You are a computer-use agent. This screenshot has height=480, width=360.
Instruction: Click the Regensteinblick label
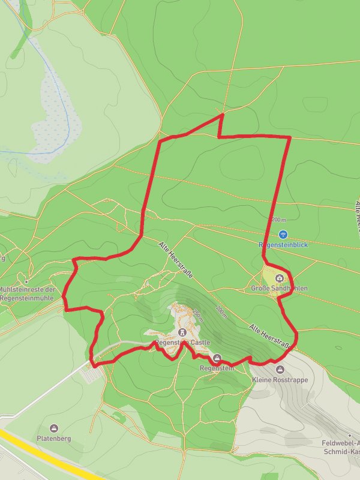[x=283, y=245]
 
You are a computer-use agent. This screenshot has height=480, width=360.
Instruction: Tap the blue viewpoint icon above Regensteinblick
[x=283, y=235]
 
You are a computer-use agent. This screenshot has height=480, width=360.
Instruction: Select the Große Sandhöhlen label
[x=279, y=289]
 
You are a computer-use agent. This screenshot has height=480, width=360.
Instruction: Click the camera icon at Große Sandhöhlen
[x=280, y=278]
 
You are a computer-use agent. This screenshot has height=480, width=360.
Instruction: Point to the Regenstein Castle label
[x=183, y=343]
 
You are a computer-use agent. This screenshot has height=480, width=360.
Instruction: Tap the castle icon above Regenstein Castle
[x=182, y=332]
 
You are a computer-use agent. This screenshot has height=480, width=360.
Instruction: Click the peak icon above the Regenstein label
[x=217, y=358]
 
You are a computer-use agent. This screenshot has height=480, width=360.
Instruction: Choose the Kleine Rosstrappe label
[x=280, y=380]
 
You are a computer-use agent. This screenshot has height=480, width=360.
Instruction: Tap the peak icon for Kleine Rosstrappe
[x=280, y=370]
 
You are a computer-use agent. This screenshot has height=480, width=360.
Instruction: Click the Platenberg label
[x=54, y=439]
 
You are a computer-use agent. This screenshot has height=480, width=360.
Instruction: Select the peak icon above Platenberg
[x=54, y=428]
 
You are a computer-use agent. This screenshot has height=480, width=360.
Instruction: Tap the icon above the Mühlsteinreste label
[x=26, y=281]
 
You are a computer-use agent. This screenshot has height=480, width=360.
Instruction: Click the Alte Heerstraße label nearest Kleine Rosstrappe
[x=270, y=337]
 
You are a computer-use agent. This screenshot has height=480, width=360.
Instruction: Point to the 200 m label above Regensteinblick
[x=279, y=220]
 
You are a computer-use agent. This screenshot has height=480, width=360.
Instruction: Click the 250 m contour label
[x=199, y=314]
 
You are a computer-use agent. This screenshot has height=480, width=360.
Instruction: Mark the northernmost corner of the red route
[x=223, y=114]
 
